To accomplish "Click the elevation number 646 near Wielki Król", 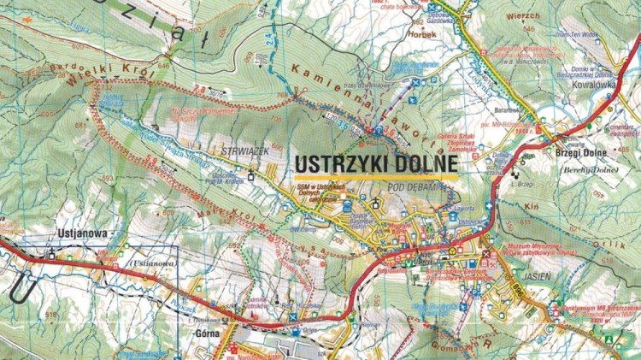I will [162, 63].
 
